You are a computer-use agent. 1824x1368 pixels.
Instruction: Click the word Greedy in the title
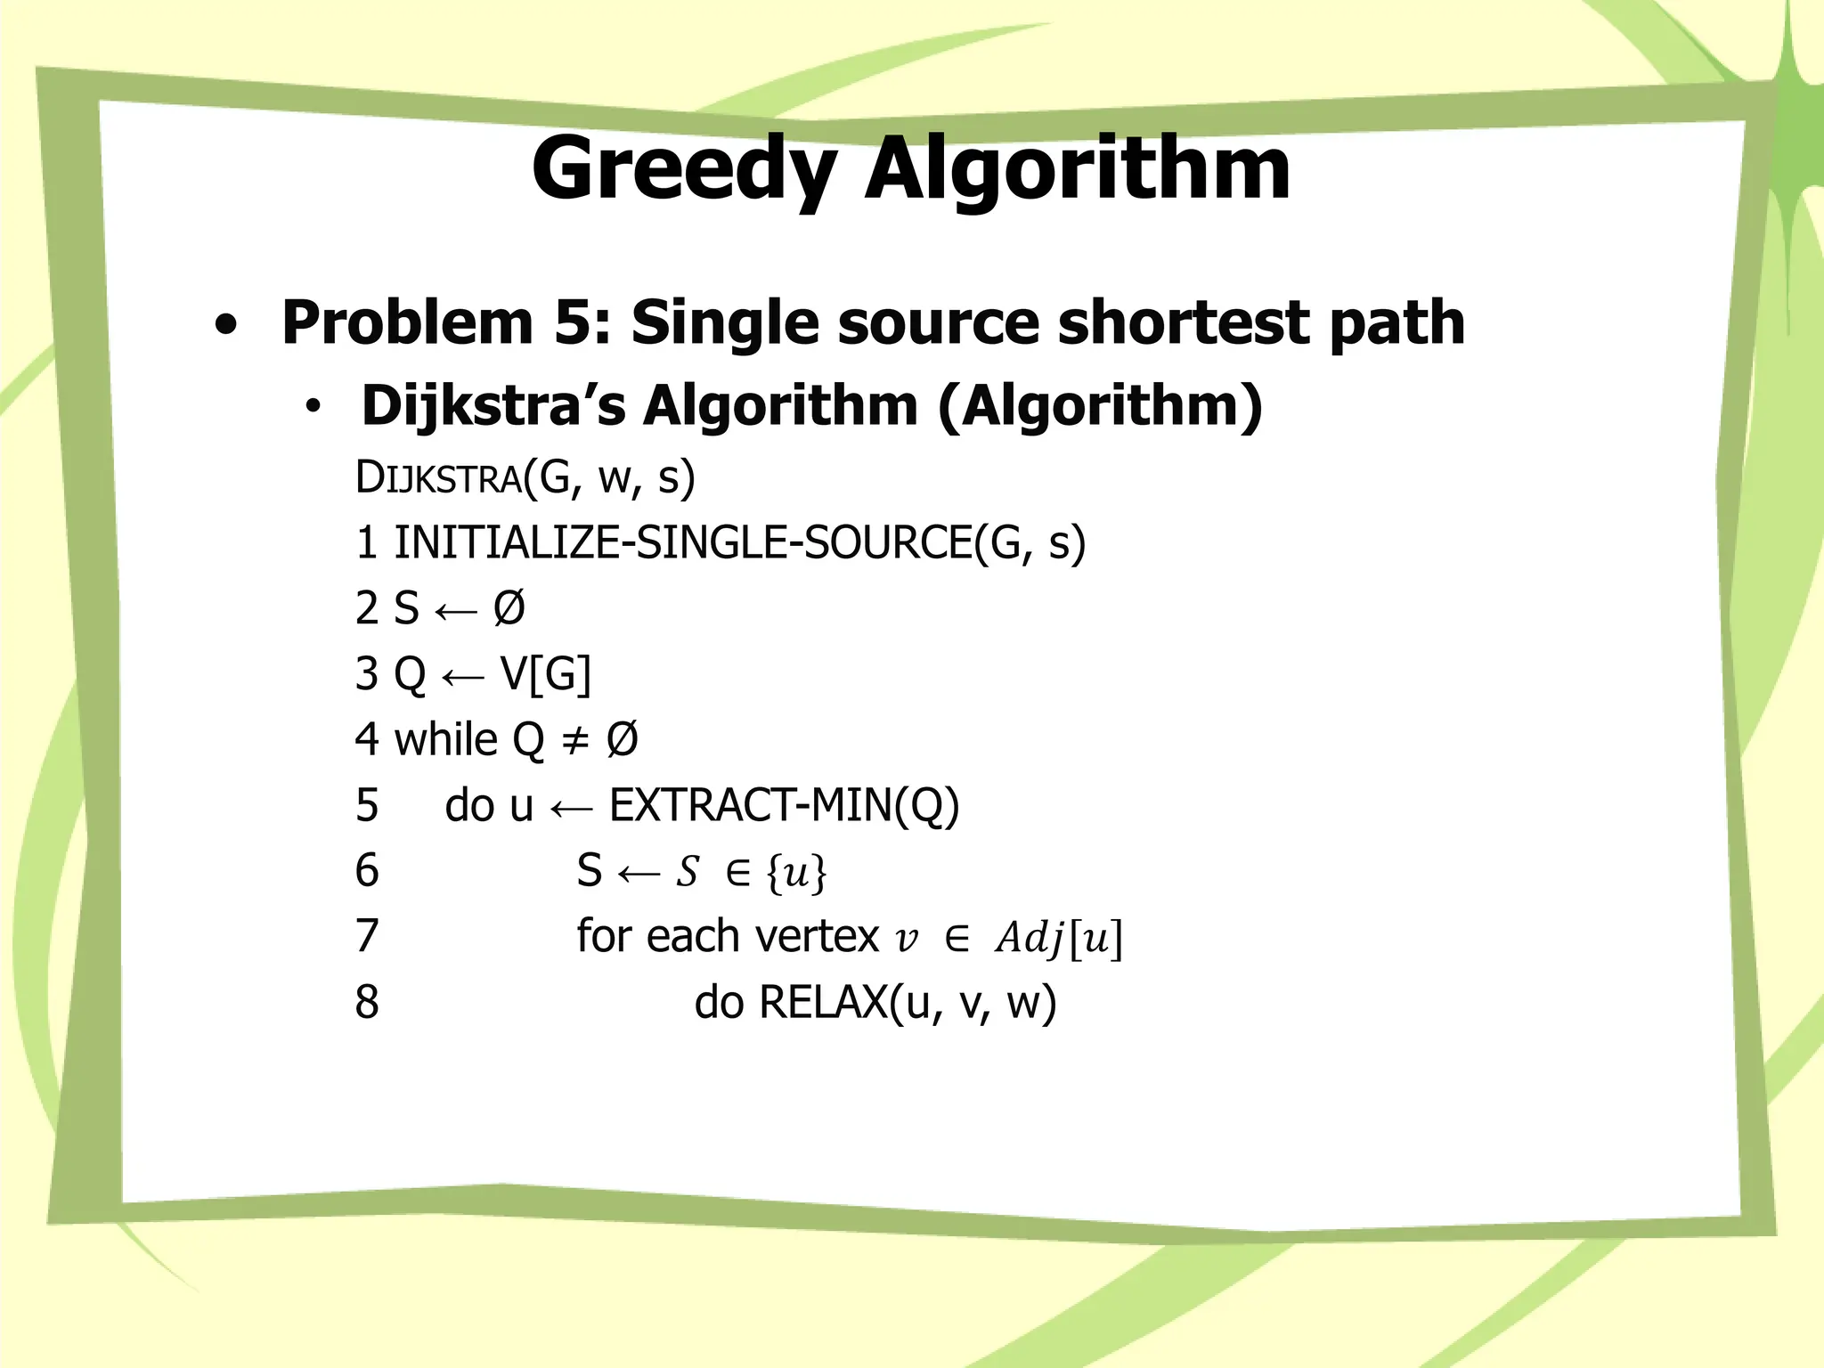684,169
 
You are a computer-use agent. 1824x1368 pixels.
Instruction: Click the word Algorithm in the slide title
1078,169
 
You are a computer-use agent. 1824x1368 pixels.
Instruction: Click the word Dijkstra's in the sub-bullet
493,406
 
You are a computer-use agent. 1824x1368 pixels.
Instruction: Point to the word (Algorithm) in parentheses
1100,406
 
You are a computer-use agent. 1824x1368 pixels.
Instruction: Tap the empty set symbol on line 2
509,608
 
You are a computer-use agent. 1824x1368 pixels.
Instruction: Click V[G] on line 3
546,673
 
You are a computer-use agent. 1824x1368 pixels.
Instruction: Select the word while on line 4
445,739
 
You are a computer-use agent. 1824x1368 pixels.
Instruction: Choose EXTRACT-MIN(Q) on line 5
784,805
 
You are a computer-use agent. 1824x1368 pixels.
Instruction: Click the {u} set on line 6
796,872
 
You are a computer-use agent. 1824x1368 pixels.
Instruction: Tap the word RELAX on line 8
823,1002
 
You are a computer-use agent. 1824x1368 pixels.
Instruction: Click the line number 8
367,1002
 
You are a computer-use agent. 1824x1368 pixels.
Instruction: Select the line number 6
367,870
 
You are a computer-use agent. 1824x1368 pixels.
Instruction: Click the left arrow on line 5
571,808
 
